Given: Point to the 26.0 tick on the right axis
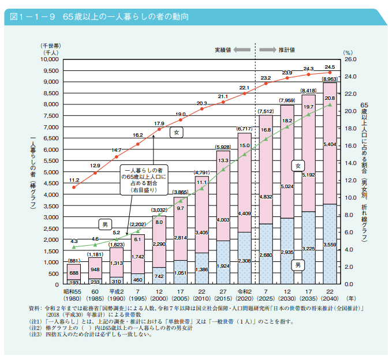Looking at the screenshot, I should pos(350,59).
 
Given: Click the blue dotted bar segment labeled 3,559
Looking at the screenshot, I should pos(330,244).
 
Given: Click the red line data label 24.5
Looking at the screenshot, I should pos(330,67).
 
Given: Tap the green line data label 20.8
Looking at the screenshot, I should pos(330,98).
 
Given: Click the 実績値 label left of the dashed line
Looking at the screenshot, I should pos(223,50).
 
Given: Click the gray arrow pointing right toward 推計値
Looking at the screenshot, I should pos(267,50).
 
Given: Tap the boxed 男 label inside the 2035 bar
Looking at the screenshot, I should pos(298,265).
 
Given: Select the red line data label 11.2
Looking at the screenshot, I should pos(74,180).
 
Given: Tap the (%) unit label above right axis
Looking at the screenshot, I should pos(347,52).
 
